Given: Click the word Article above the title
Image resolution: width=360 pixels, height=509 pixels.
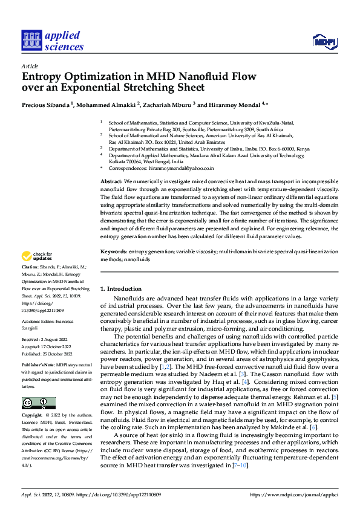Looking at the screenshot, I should pos(29,66).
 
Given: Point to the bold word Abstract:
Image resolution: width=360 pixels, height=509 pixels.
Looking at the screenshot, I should pos(112,181).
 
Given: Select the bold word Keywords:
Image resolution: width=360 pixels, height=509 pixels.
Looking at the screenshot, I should pos(113,251).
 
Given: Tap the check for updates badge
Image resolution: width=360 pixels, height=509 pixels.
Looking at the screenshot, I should pos(37,256).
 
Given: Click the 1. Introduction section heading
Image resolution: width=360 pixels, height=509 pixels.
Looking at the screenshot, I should pos(121,289).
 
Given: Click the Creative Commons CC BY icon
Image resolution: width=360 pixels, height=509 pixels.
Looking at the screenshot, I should pos(39,403).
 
